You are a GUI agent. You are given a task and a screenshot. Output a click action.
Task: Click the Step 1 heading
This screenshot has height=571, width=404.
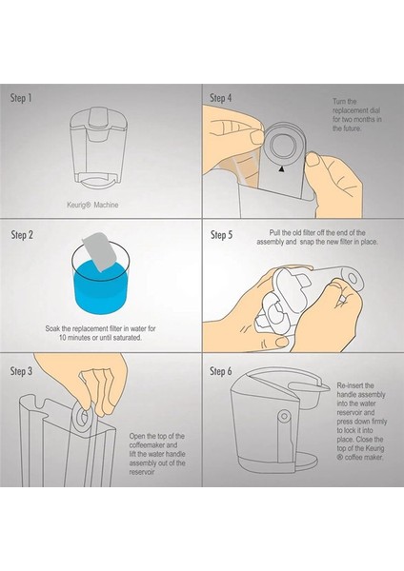pos(21,98)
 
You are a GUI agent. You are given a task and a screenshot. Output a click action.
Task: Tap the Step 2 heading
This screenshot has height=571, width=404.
pos(22,235)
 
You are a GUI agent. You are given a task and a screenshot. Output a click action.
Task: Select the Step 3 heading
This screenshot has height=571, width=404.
pos(21,371)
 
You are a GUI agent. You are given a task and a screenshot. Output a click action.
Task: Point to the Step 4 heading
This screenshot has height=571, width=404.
pos(221,98)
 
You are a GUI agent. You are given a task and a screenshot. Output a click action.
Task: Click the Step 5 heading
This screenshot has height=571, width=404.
pos(221,235)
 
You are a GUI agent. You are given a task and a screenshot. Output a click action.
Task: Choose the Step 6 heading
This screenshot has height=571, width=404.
pos(221,371)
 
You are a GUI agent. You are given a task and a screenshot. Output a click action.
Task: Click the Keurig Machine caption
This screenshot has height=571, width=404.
pos(92,205)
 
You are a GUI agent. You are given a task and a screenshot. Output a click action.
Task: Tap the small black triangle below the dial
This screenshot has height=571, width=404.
pos(281,168)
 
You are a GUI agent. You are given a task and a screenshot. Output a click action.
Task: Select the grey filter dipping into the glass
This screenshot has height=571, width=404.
pos(99,251)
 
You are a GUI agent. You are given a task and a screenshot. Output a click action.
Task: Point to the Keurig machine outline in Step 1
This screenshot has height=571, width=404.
pos(98,148)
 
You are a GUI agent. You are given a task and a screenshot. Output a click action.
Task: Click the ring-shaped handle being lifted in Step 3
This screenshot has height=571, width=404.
pos(81,419)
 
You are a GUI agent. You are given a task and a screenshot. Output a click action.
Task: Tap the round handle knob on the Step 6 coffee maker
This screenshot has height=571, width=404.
pos(284,416)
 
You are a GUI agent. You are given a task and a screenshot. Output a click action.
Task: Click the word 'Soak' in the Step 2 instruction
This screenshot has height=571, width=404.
pos(52,328)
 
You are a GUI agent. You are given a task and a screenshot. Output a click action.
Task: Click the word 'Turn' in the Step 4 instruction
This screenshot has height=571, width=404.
pos(339,102)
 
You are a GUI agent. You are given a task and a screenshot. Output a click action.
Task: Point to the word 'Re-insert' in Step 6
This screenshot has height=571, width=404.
pos(350,385)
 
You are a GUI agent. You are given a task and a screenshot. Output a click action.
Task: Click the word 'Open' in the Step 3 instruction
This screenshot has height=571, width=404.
pos(137,436)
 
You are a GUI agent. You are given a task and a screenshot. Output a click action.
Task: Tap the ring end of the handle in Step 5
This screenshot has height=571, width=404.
pos(352,279)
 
